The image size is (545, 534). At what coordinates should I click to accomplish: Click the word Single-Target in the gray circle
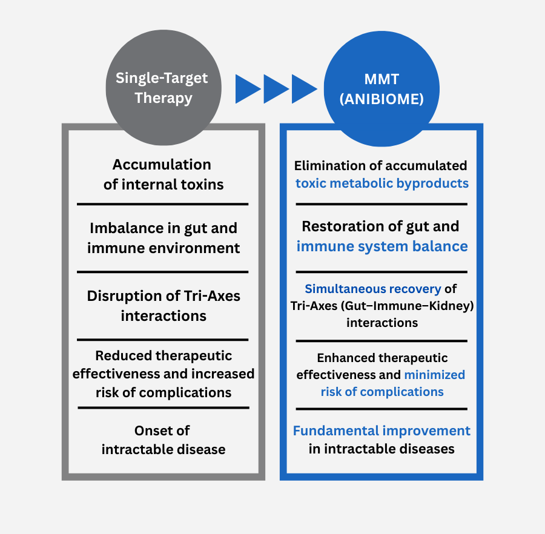[162, 78]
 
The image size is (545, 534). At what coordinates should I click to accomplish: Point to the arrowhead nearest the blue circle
[304, 89]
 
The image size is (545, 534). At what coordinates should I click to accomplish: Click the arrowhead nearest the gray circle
[247, 89]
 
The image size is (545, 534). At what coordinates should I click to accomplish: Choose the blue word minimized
[434, 375]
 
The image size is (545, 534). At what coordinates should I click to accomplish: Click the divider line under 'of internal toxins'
[163, 204]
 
